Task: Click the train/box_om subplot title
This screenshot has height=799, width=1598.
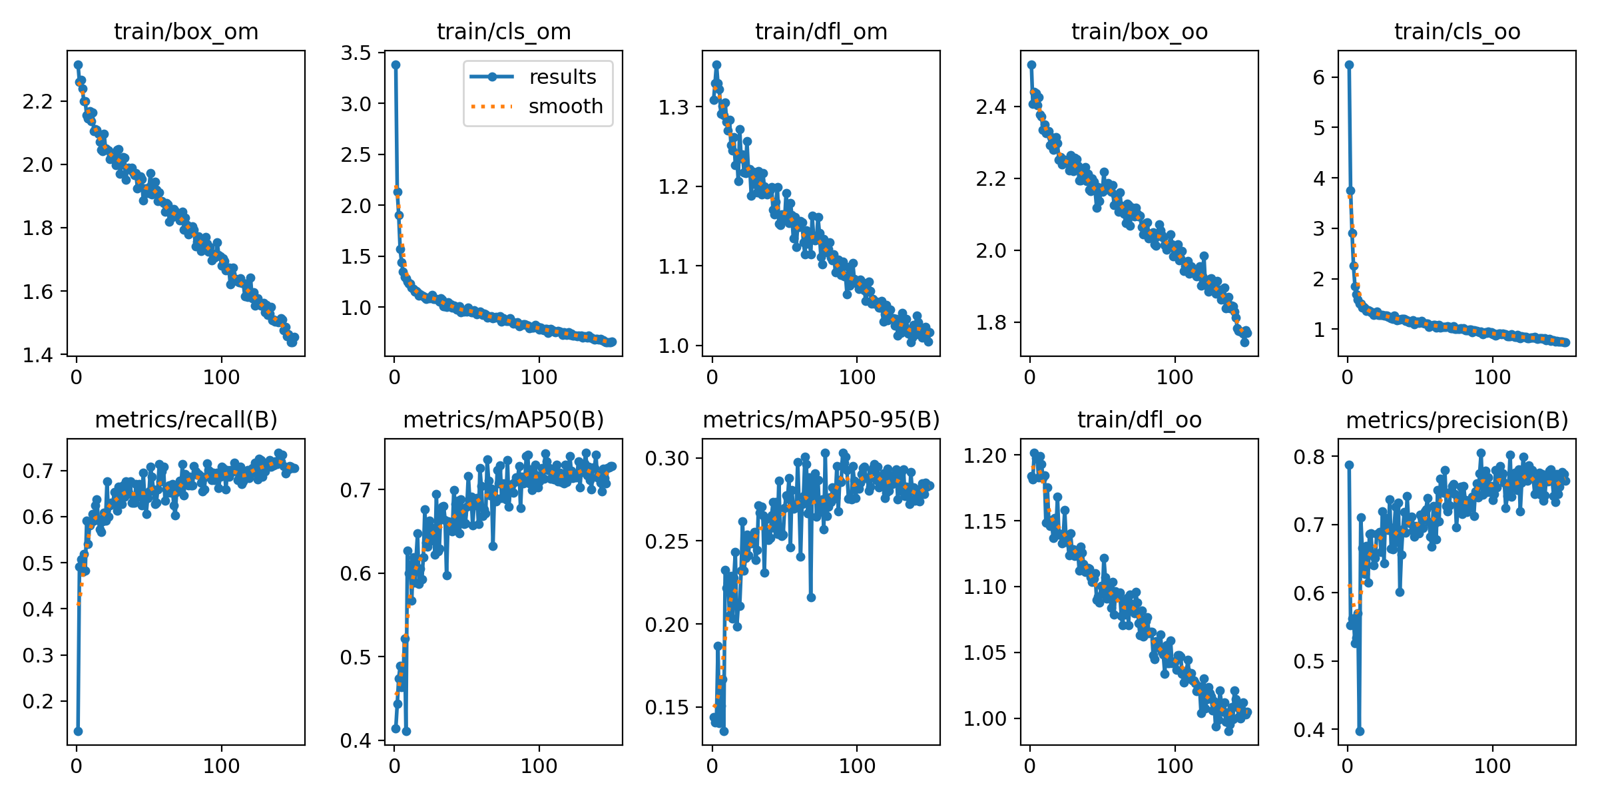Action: point(186,32)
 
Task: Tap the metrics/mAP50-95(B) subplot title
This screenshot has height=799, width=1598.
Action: point(821,420)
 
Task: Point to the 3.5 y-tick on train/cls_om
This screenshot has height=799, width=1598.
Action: point(356,53)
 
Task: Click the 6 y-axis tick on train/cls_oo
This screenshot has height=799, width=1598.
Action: point(1319,77)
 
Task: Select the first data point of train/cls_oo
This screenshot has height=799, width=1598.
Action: point(1349,65)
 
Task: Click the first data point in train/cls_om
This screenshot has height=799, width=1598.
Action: point(396,65)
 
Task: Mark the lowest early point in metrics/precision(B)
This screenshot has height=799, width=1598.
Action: point(1360,731)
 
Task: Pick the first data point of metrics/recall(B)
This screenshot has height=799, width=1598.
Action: point(78,731)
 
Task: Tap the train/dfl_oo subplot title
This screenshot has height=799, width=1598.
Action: point(1139,420)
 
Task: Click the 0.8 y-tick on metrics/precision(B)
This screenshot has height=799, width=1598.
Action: point(1306,457)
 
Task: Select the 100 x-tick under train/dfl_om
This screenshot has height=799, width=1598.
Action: point(856,378)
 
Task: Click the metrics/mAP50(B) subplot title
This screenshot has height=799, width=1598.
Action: point(503,420)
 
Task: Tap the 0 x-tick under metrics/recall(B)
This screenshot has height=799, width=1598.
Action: point(77,766)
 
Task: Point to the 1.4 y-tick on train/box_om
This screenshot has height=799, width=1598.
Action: point(37,355)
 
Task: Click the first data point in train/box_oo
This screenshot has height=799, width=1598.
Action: point(1031,65)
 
